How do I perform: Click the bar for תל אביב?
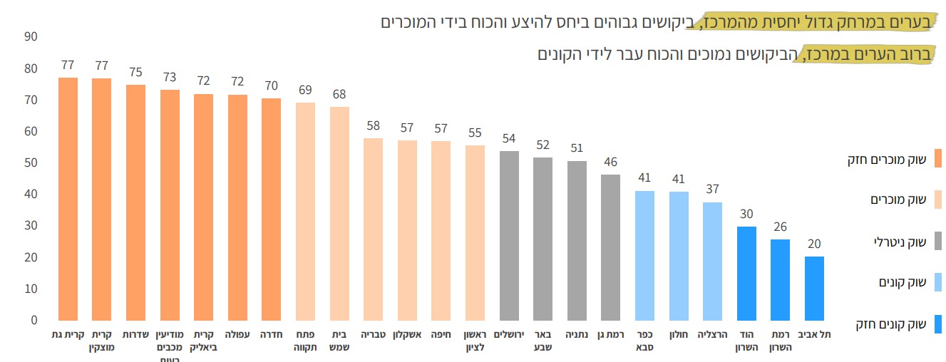[814, 288]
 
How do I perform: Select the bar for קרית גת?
[68, 199]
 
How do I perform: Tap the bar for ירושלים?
[509, 235]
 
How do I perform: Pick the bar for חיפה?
[441, 230]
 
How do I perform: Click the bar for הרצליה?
[712, 261]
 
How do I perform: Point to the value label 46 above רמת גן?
[610, 162]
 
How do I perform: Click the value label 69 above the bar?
[305, 90]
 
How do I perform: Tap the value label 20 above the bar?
[814, 244]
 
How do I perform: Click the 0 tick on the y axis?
[33, 321]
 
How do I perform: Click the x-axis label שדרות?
[135, 334]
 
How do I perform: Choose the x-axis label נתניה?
[576, 334]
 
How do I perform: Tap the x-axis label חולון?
[678, 334]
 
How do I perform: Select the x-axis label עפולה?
[237, 334]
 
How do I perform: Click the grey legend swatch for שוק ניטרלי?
[937, 241]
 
